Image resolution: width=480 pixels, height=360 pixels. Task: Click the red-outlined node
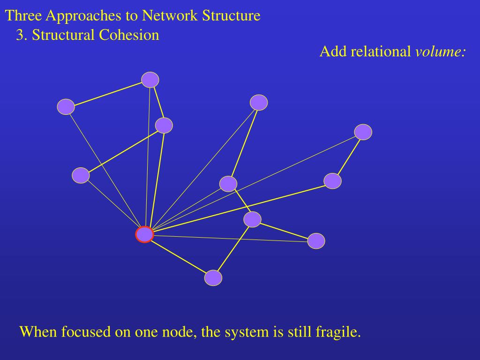[x=144, y=234]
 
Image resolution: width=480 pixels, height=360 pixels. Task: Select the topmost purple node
[x=150, y=80]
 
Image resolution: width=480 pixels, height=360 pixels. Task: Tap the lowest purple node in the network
[x=213, y=278]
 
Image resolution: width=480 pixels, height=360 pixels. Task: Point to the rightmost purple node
[x=363, y=132]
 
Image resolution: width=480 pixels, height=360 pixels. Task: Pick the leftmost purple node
[x=66, y=107]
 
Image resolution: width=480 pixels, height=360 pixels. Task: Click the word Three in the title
[x=24, y=16]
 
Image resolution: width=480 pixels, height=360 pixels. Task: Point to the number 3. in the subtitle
[x=22, y=35]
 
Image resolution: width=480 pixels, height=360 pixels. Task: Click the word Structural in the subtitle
[x=63, y=35]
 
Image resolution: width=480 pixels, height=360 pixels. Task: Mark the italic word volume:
[x=440, y=52]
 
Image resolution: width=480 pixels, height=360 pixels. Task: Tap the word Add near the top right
[x=332, y=52]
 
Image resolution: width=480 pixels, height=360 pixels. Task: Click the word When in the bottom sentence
[x=37, y=332]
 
